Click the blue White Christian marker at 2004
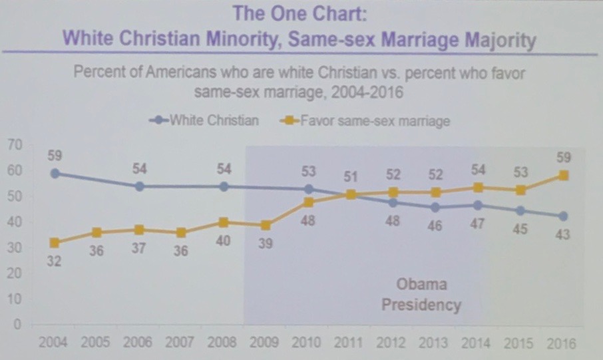click(54, 174)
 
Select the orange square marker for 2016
click(564, 175)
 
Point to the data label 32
click(55, 262)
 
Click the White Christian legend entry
click(204, 120)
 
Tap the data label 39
click(266, 243)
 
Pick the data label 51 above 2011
click(351, 176)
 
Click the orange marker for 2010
click(309, 202)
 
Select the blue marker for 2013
click(436, 207)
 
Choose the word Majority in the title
click(493, 39)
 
